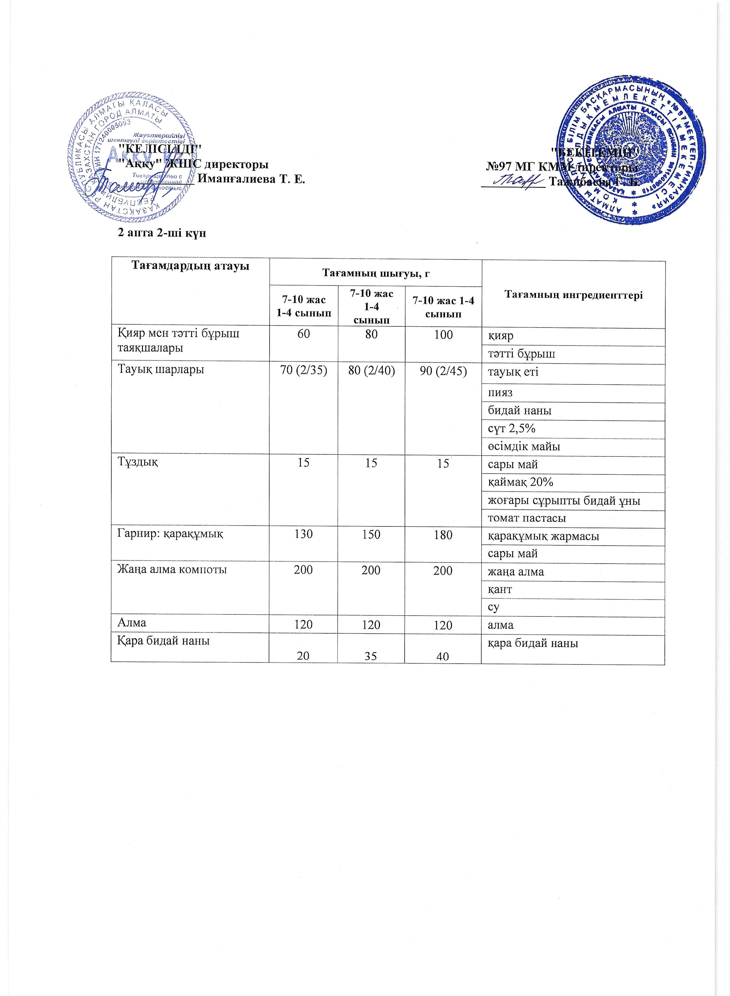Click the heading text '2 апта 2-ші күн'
pos(161,233)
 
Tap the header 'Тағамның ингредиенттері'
pos(573,295)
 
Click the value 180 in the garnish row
pos(443,534)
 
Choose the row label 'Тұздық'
pos(137,462)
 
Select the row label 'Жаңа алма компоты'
pos(172,570)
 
